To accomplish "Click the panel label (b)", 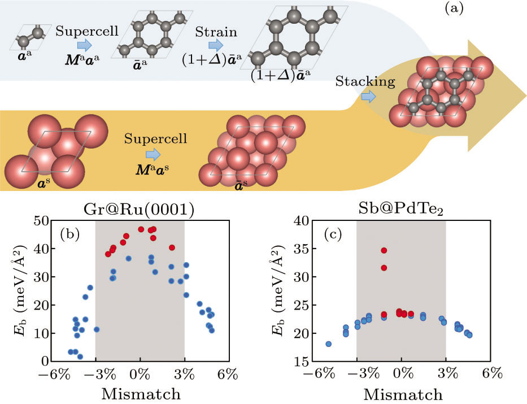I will [x=72, y=233].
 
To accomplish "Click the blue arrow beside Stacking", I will [x=368, y=97].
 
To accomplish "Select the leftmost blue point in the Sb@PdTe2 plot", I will [x=328, y=344].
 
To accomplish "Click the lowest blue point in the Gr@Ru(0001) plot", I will [x=80, y=357].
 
